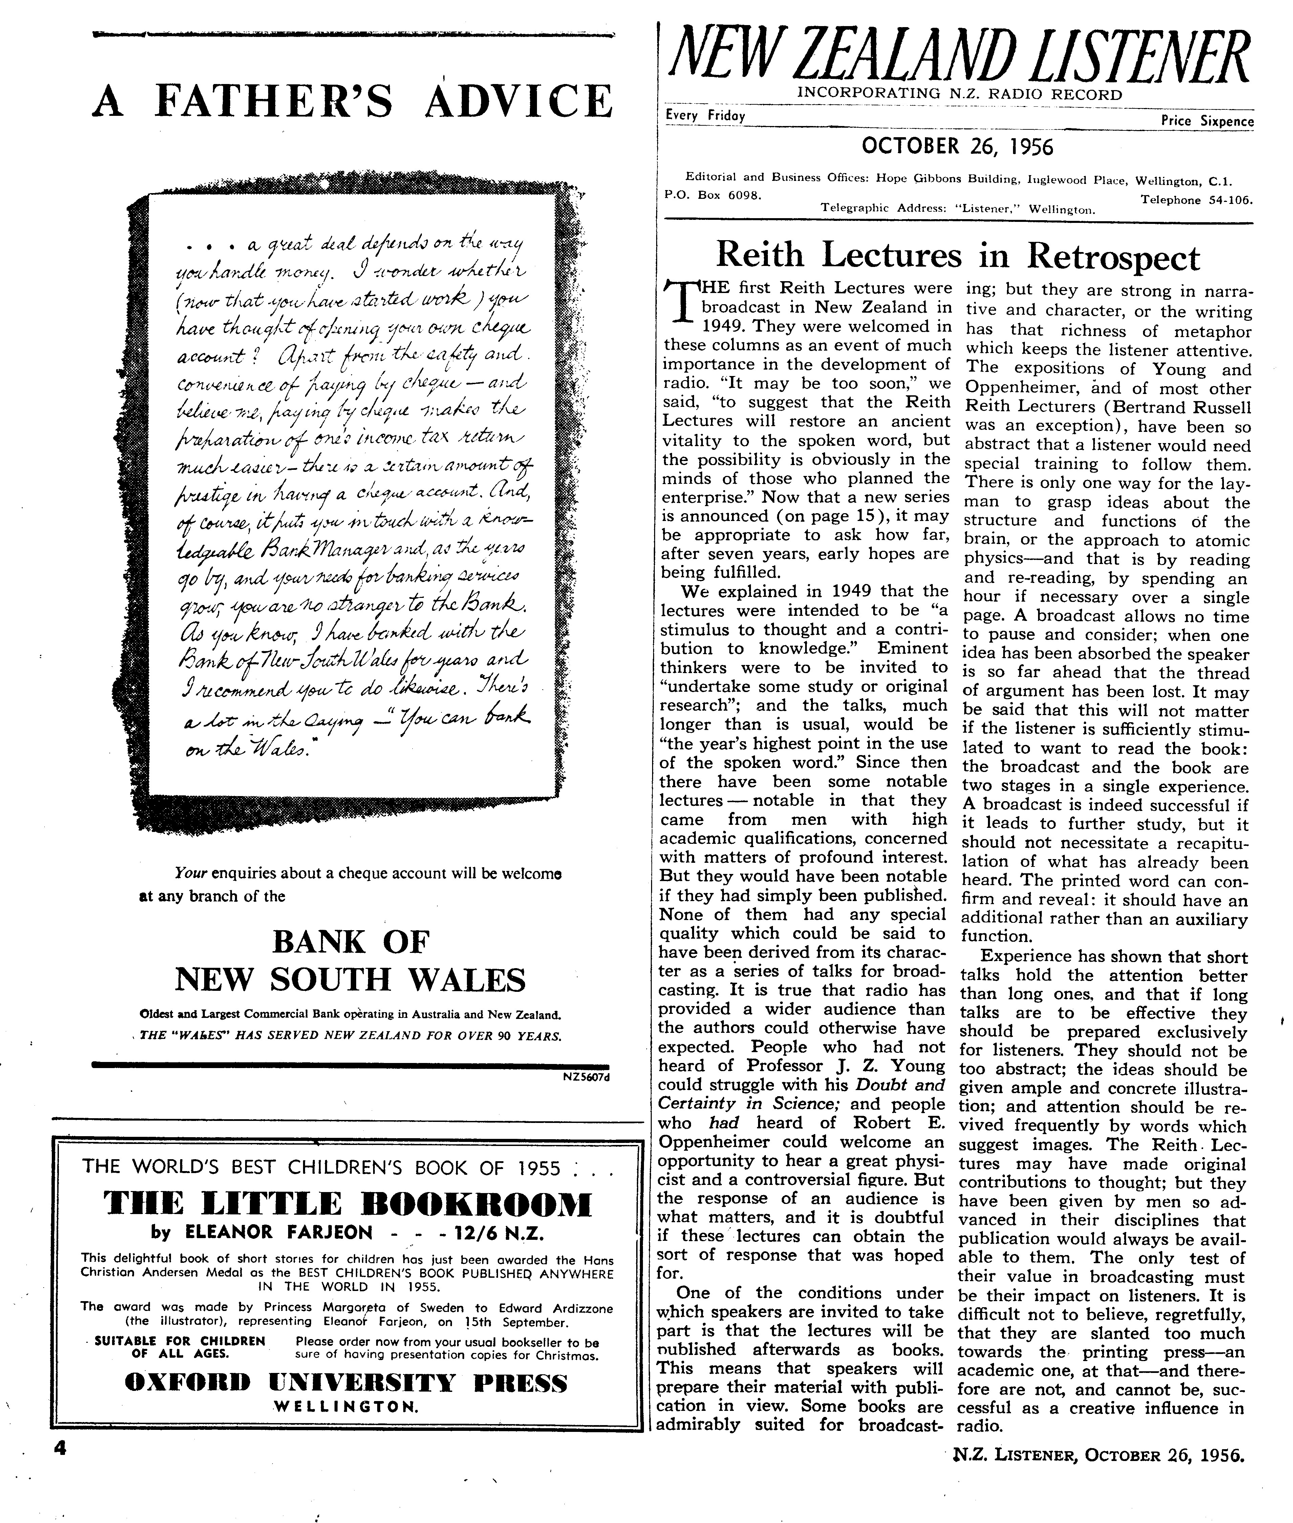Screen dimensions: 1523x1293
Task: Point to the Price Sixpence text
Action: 1207,121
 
